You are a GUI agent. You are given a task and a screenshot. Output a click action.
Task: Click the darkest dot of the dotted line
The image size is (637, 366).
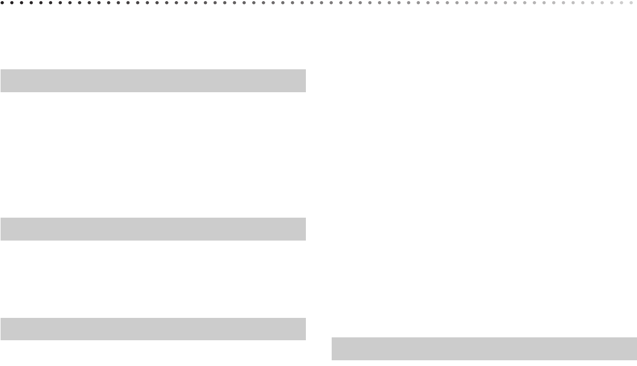coord(3,3)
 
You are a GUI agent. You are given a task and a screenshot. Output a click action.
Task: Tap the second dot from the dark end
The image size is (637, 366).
coord(13,3)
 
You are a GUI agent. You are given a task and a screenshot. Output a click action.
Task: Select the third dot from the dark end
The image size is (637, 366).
coord(22,3)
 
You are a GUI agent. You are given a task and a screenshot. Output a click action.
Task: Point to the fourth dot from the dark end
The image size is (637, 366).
coord(32,3)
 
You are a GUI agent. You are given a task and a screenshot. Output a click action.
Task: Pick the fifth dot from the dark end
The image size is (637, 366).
coord(42,3)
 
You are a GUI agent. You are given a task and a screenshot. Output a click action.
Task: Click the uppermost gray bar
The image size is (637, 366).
coord(153,81)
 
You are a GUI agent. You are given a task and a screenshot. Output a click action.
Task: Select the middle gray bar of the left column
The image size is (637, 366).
coord(153,229)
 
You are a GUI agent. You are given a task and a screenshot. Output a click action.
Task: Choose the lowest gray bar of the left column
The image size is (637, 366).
coord(153,329)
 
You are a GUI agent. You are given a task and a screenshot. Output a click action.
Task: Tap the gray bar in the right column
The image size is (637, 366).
coord(484,349)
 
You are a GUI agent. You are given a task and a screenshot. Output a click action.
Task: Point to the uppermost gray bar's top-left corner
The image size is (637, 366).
coord(1,70)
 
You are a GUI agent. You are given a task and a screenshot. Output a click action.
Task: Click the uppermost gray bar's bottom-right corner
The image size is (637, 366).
coord(305,92)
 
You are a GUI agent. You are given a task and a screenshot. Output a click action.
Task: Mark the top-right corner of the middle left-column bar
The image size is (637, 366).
coord(305,218)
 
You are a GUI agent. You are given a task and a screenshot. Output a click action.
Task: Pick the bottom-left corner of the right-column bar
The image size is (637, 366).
coord(332,360)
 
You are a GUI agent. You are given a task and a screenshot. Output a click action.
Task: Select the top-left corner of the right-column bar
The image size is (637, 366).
coord(332,338)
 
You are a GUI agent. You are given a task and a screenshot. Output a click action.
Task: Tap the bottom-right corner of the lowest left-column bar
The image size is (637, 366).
coord(305,340)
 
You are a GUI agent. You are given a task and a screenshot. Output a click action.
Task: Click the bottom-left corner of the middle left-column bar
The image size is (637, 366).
coord(1,240)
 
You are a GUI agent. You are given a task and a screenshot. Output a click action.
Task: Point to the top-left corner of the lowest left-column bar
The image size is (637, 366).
coord(1,318)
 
